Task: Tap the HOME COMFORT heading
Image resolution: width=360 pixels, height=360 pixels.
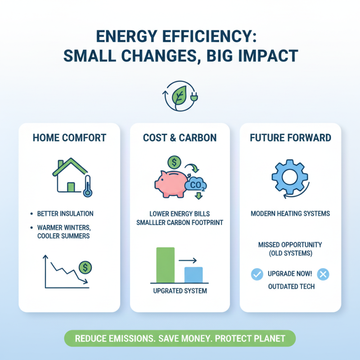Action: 69,138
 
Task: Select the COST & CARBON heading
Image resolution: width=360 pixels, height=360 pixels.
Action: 180,138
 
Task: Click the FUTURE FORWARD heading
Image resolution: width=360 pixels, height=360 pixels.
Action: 290,138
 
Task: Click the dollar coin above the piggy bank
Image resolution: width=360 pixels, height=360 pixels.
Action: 174,161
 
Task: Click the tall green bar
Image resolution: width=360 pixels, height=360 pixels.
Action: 165,265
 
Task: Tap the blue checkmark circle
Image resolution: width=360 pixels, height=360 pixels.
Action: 256,274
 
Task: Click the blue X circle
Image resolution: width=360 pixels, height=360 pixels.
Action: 323,274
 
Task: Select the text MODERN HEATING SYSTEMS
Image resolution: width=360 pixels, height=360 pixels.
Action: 290,213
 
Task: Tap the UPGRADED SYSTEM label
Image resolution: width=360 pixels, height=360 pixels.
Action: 180,291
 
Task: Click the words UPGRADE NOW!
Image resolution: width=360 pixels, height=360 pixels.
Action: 290,274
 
